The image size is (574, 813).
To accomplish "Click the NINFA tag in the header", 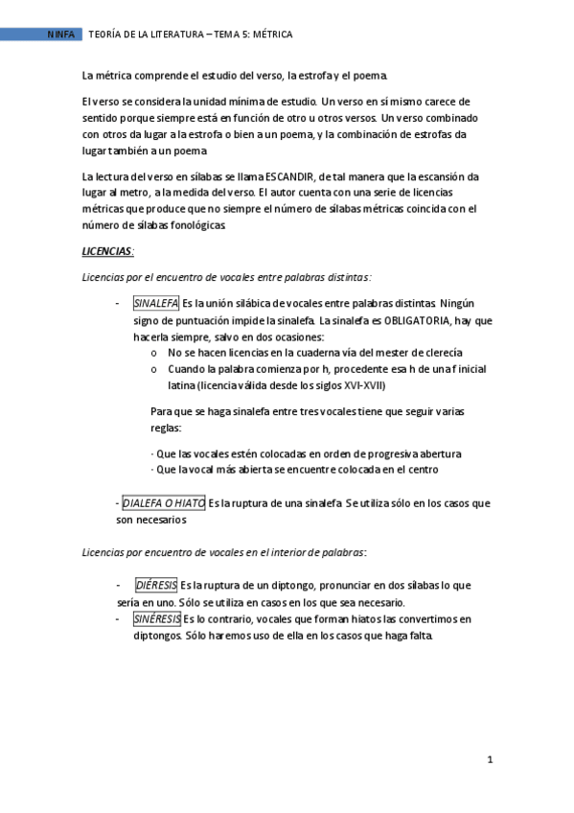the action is [x=61, y=35].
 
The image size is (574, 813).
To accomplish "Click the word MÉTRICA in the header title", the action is [x=271, y=35].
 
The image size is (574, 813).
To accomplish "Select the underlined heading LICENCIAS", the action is [x=107, y=251].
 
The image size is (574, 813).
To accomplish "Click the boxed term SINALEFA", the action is [x=155, y=304].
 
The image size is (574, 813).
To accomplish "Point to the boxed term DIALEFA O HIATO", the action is [x=163, y=502].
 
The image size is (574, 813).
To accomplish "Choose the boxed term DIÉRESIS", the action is [x=155, y=585].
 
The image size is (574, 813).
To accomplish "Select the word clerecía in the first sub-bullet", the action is [x=439, y=353].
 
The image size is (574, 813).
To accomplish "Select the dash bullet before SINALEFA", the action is [x=116, y=304].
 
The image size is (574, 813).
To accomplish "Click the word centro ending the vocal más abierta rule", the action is [x=420, y=470].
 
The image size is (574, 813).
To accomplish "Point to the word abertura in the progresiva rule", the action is [x=437, y=453].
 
